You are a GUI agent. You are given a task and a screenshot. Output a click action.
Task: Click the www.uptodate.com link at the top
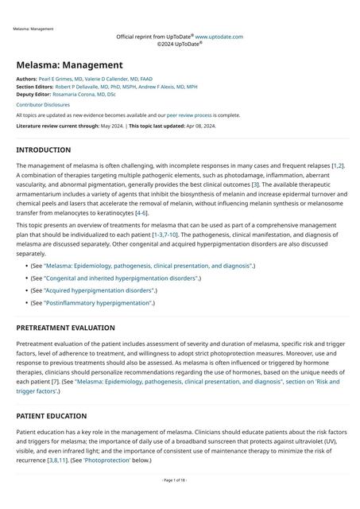click(x=219, y=37)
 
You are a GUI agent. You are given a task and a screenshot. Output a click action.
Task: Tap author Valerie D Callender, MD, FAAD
click(x=123, y=80)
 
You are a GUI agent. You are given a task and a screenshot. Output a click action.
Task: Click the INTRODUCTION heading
click(x=43, y=150)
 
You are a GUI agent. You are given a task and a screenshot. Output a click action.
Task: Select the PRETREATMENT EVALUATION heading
click(x=65, y=328)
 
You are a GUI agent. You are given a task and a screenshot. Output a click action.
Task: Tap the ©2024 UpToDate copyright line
click(x=180, y=44)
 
